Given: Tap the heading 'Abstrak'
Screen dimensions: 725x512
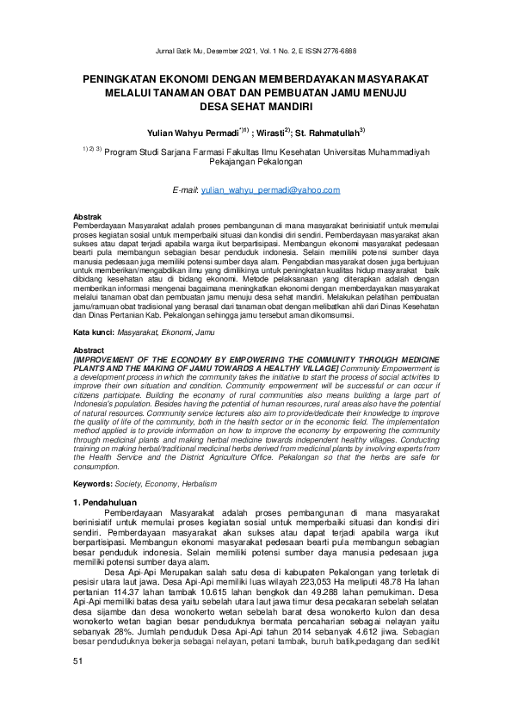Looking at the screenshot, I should click(x=88, y=215).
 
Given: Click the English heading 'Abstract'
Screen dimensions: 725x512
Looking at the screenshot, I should click(x=89, y=350).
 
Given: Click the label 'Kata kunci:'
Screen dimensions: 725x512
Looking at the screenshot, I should click(x=93, y=332).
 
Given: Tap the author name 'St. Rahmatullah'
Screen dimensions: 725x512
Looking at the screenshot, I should click(x=330, y=133).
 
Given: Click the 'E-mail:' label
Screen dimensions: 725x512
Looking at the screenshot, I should click(x=186, y=188).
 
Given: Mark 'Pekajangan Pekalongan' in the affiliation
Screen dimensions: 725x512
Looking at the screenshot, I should click(x=256, y=162).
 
